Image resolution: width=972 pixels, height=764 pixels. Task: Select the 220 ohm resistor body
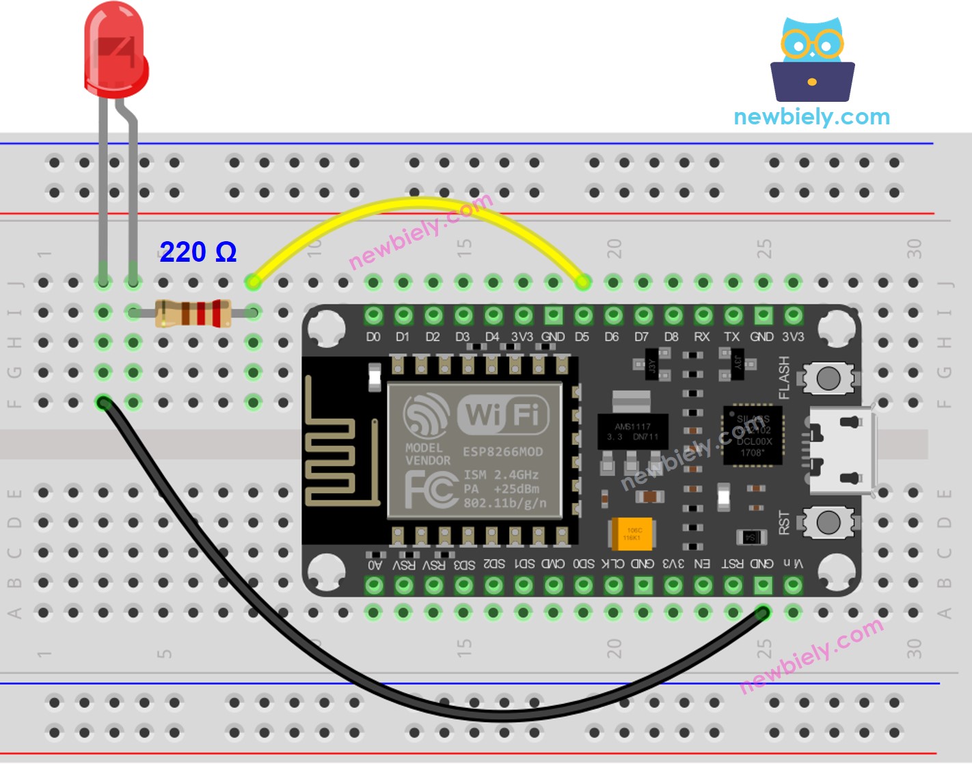click(192, 313)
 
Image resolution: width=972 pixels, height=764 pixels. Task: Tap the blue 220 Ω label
click(198, 252)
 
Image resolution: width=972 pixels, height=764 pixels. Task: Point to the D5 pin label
click(582, 337)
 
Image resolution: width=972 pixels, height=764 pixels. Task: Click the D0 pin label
click(373, 337)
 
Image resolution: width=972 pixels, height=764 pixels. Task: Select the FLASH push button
click(828, 378)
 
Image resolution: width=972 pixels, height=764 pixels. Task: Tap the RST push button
click(828, 523)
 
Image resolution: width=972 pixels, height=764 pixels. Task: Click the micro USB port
click(842, 451)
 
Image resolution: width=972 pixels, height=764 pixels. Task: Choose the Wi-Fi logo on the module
click(503, 415)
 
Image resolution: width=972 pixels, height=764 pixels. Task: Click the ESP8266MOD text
click(502, 452)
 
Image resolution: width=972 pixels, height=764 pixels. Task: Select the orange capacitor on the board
click(632, 534)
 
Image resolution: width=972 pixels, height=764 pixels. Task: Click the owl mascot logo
click(812, 60)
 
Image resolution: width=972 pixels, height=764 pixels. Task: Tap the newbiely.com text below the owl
click(811, 117)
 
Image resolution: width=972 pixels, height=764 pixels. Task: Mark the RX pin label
click(702, 337)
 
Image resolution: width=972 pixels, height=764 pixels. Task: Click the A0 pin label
click(375, 564)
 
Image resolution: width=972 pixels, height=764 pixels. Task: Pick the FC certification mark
click(431, 489)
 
